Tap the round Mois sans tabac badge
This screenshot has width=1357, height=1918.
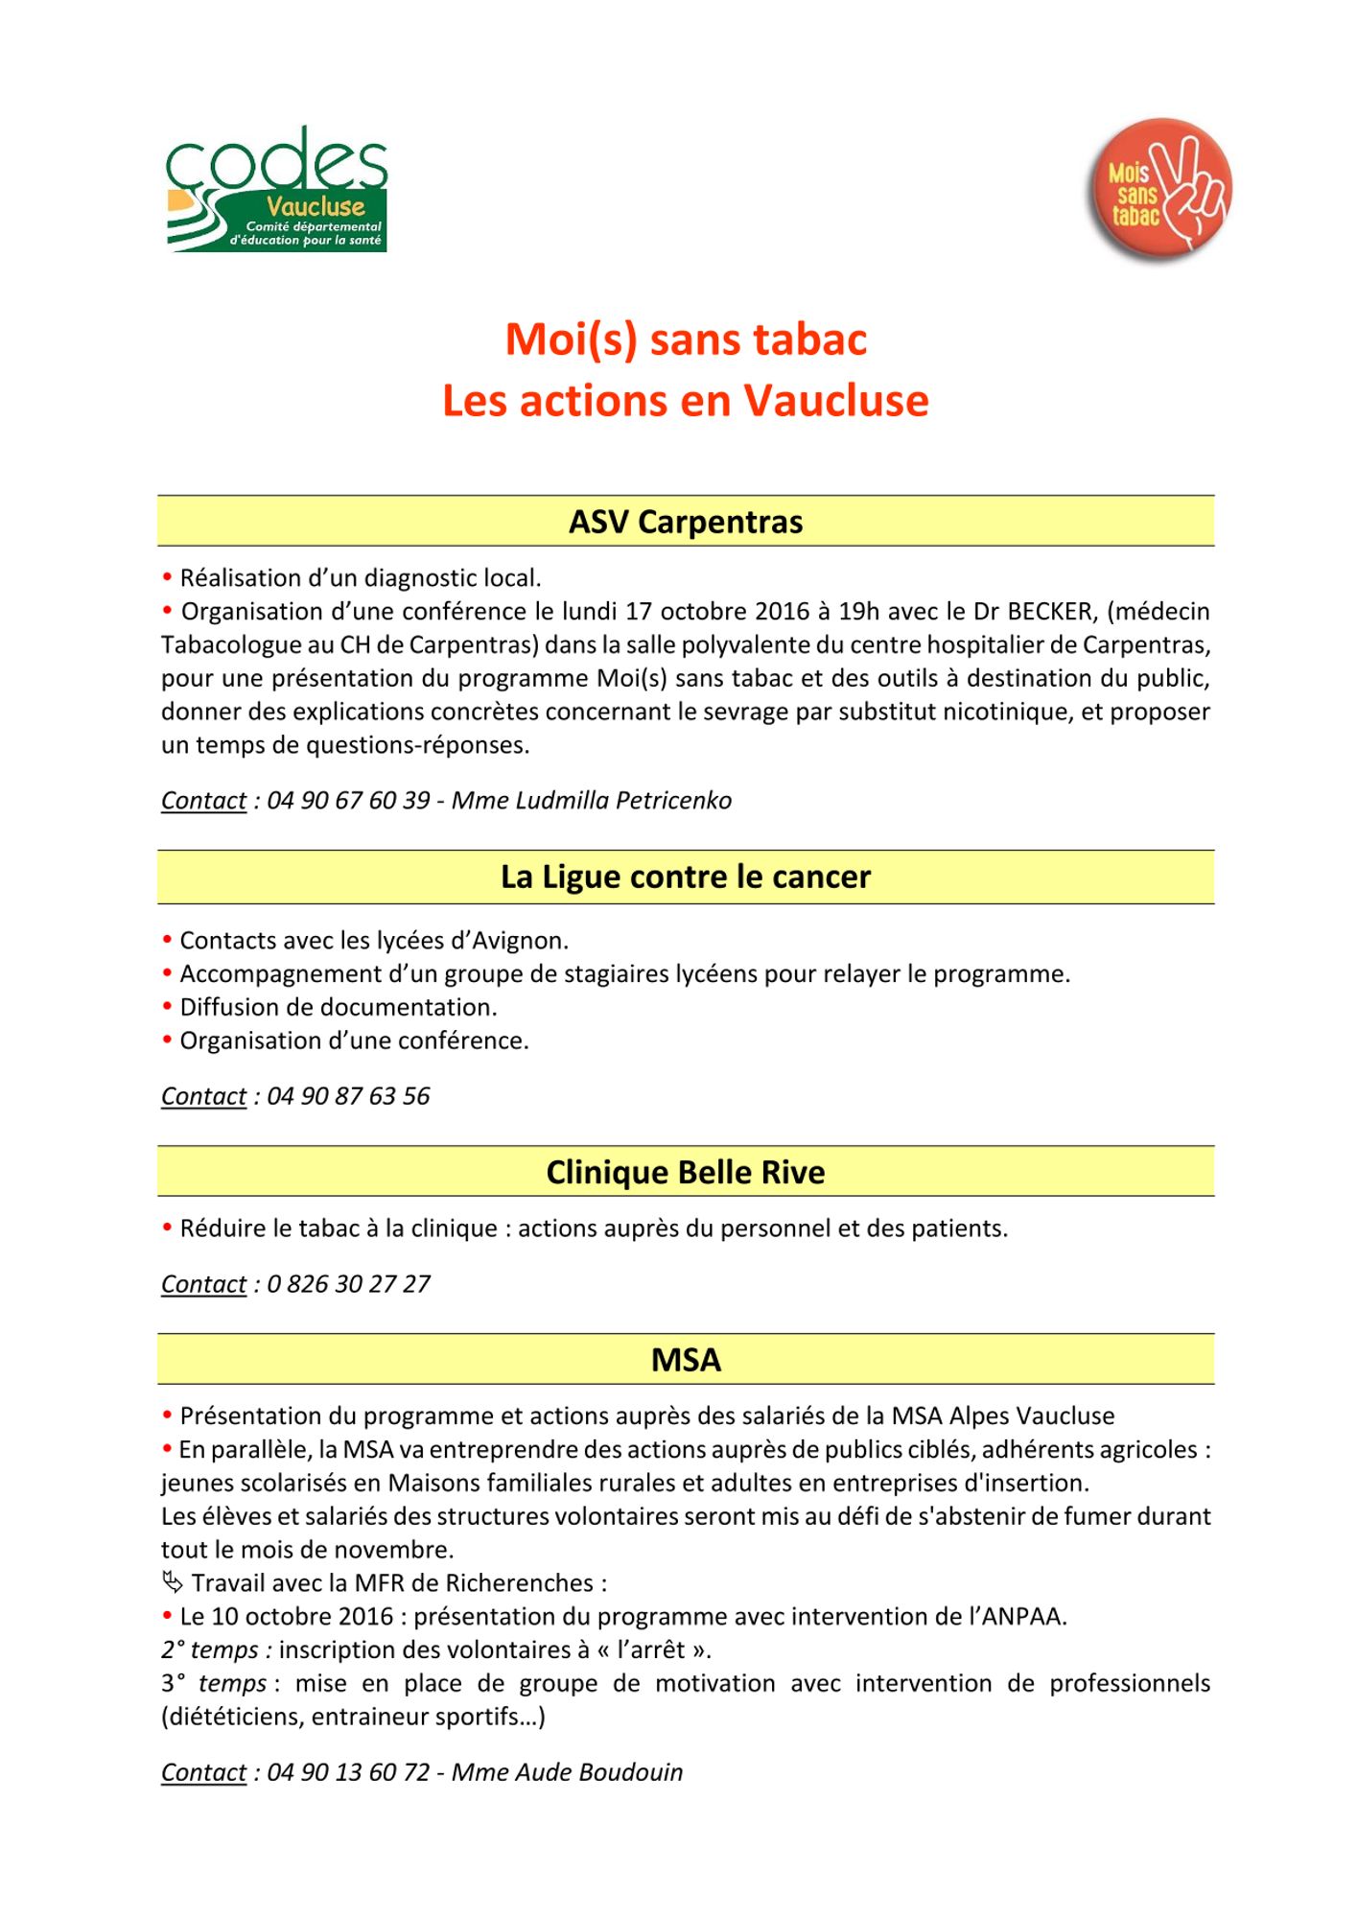pyautogui.click(x=1158, y=190)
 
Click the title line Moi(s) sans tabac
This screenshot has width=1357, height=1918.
pyautogui.click(x=686, y=339)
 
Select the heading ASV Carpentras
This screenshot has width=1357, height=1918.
pyautogui.click(x=686, y=522)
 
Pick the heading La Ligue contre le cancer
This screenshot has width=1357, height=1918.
pyautogui.click(x=686, y=877)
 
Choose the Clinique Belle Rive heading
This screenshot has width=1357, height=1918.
pyautogui.click(x=686, y=1172)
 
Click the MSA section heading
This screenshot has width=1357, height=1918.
pyautogui.click(x=686, y=1360)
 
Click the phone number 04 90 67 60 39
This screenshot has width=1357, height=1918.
pyautogui.click(x=348, y=801)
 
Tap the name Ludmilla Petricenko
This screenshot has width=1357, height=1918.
pyautogui.click(x=623, y=801)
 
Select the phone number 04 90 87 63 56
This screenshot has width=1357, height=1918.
pyautogui.click(x=348, y=1096)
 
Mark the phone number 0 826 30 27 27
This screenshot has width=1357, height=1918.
pyautogui.click(x=348, y=1284)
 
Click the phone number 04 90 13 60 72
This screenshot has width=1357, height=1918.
pyautogui.click(x=348, y=1772)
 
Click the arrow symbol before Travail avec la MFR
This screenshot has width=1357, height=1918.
pyautogui.click(x=173, y=1582)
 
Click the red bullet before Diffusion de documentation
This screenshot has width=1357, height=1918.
pyautogui.click(x=167, y=1006)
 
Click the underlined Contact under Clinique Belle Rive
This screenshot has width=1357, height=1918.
pyautogui.click(x=203, y=1284)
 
